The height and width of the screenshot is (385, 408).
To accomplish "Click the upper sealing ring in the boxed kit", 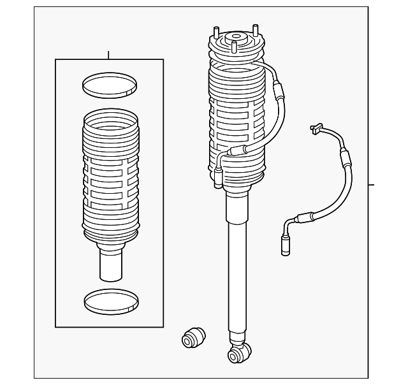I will [110, 84].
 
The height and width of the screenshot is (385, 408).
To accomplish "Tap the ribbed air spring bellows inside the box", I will [110, 175].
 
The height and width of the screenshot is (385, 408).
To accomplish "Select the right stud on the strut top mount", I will [256, 31].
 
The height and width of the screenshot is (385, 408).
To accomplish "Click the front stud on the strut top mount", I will [234, 48].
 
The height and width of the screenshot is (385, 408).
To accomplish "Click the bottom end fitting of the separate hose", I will [285, 245].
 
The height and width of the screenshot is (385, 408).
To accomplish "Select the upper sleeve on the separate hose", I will [345, 159].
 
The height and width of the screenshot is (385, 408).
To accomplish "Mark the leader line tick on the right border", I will [372, 185].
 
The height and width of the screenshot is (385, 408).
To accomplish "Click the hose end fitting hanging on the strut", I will [219, 177].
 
